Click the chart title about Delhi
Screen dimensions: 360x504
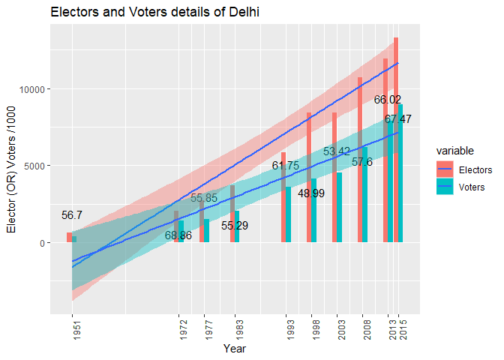click(154, 13)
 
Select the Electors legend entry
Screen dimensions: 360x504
click(475, 170)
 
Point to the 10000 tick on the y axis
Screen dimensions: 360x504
click(29, 89)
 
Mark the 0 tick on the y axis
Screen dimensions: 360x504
click(40, 242)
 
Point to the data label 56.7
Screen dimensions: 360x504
click(72, 215)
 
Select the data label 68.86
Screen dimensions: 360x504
click(178, 235)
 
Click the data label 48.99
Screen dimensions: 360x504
click(311, 193)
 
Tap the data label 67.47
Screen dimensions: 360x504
click(398, 119)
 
